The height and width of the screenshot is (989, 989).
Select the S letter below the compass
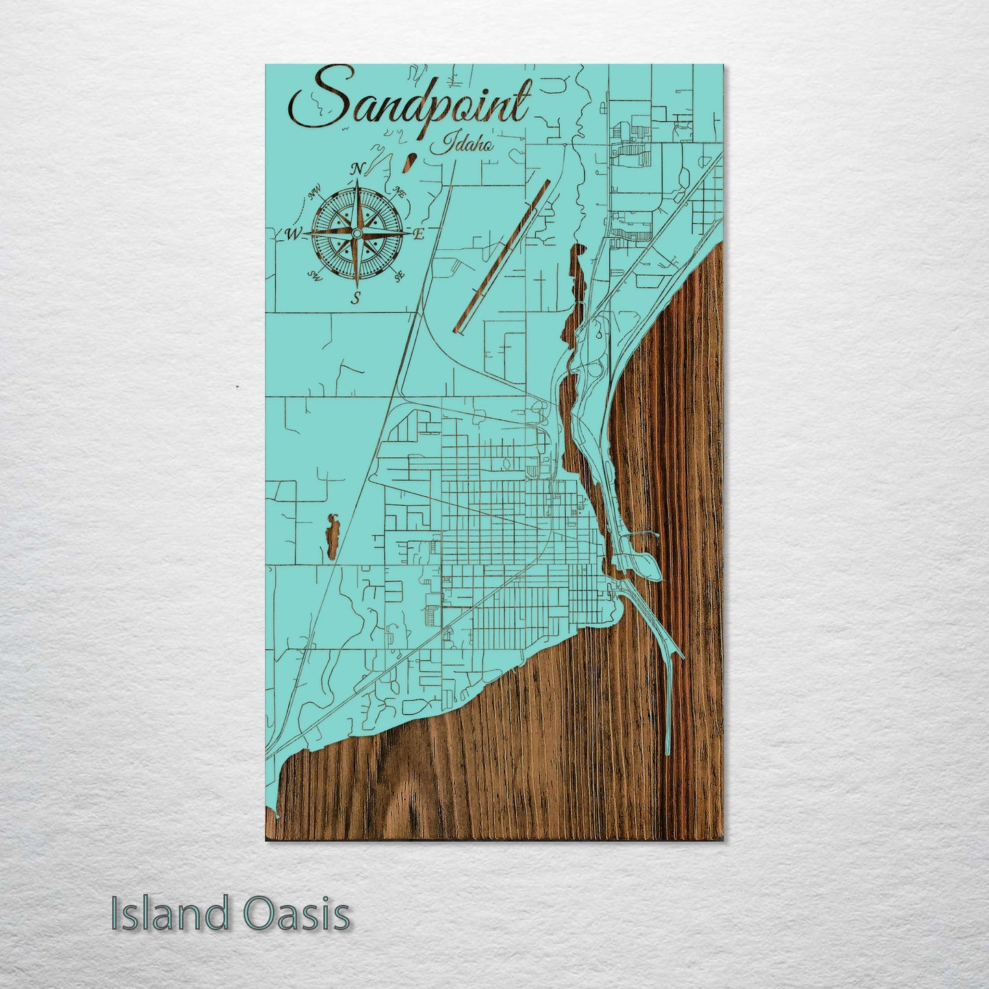point(355,298)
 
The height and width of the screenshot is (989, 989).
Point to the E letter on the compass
point(420,234)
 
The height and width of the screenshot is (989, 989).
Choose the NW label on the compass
point(316,196)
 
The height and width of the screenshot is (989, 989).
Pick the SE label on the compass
point(400,275)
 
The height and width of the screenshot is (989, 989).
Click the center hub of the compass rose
point(356,235)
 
